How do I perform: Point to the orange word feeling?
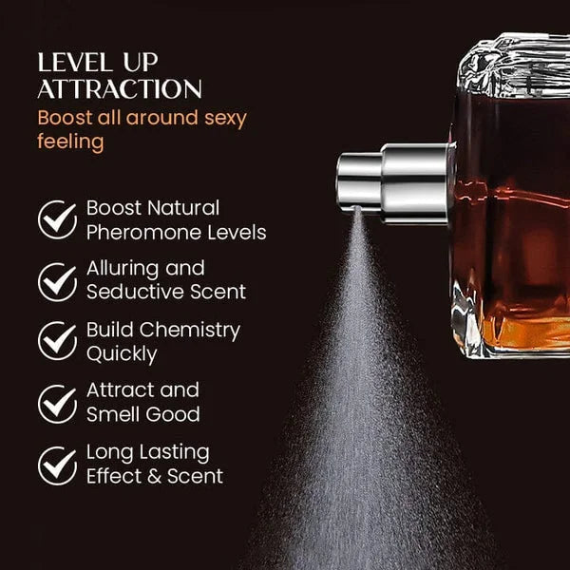tap(69, 142)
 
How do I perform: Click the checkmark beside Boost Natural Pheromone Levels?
tap(56, 219)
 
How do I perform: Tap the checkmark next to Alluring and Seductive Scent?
tap(56, 280)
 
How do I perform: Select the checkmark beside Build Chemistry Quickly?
tap(56, 341)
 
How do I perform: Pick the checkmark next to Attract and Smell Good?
tap(56, 402)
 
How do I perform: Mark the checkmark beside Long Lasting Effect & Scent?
tap(56, 464)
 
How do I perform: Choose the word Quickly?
tap(121, 354)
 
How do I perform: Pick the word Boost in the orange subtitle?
tap(65, 118)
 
